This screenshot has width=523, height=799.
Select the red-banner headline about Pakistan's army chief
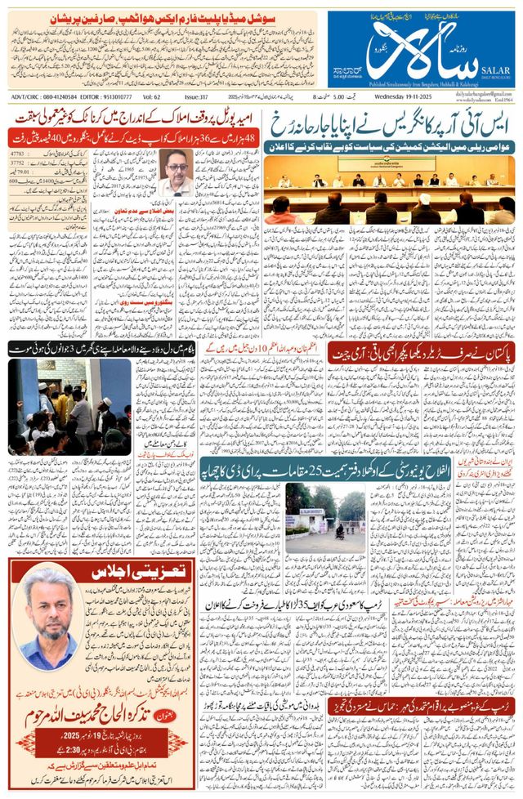pos(422,352)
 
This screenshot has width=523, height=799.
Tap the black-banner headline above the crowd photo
pos(69,348)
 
